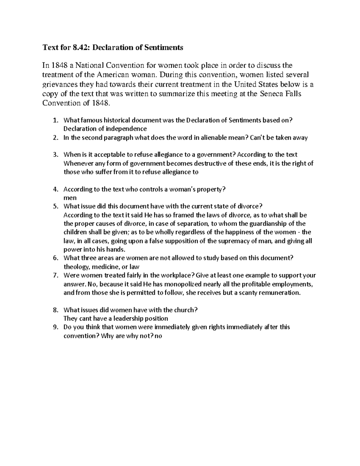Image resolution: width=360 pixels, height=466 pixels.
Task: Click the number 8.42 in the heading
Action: coord(80,47)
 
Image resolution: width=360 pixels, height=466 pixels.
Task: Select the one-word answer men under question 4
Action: coord(70,198)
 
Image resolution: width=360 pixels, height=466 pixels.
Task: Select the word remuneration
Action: coord(279,293)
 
